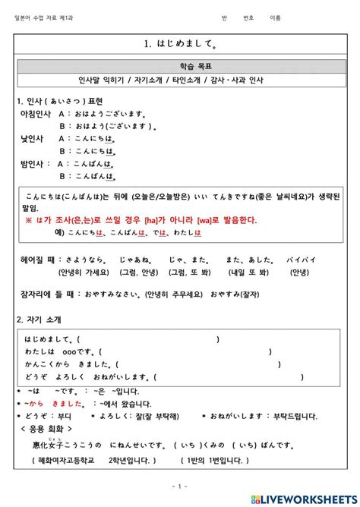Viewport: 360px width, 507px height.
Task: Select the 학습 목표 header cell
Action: tap(179, 66)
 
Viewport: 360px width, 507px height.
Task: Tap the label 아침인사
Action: tap(36, 114)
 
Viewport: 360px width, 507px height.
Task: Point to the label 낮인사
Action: tap(33, 139)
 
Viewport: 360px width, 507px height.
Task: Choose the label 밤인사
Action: tap(34, 164)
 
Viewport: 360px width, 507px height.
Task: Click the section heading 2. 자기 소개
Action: tap(39, 320)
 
